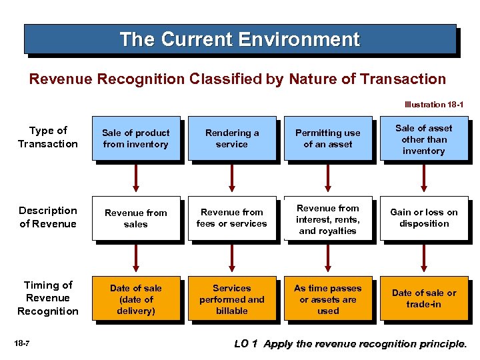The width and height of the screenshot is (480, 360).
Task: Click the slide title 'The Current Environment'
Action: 239,39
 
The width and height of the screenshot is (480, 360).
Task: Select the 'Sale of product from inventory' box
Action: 136,139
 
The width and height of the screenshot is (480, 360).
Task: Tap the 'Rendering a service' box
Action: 231,139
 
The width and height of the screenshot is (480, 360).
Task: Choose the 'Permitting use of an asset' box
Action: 327,139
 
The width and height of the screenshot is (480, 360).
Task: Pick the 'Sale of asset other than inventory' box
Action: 423,139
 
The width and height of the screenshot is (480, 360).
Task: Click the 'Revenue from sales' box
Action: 136,218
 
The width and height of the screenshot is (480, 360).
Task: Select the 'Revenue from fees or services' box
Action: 231,218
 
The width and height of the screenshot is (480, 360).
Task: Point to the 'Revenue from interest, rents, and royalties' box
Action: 327,219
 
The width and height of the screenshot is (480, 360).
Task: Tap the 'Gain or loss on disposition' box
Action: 423,218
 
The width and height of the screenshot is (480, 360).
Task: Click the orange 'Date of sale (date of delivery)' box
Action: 136,299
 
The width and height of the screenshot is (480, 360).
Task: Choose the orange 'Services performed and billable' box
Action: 231,299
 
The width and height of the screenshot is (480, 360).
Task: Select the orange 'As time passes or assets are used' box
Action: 327,299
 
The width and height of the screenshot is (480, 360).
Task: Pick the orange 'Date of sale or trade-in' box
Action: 423,299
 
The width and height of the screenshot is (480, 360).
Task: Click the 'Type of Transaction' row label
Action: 48,137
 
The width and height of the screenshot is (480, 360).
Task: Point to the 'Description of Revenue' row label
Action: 48,217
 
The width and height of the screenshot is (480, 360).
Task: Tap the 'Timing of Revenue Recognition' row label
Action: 48,298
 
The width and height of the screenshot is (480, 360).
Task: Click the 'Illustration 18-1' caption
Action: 434,105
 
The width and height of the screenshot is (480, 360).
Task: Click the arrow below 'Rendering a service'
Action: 232,177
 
